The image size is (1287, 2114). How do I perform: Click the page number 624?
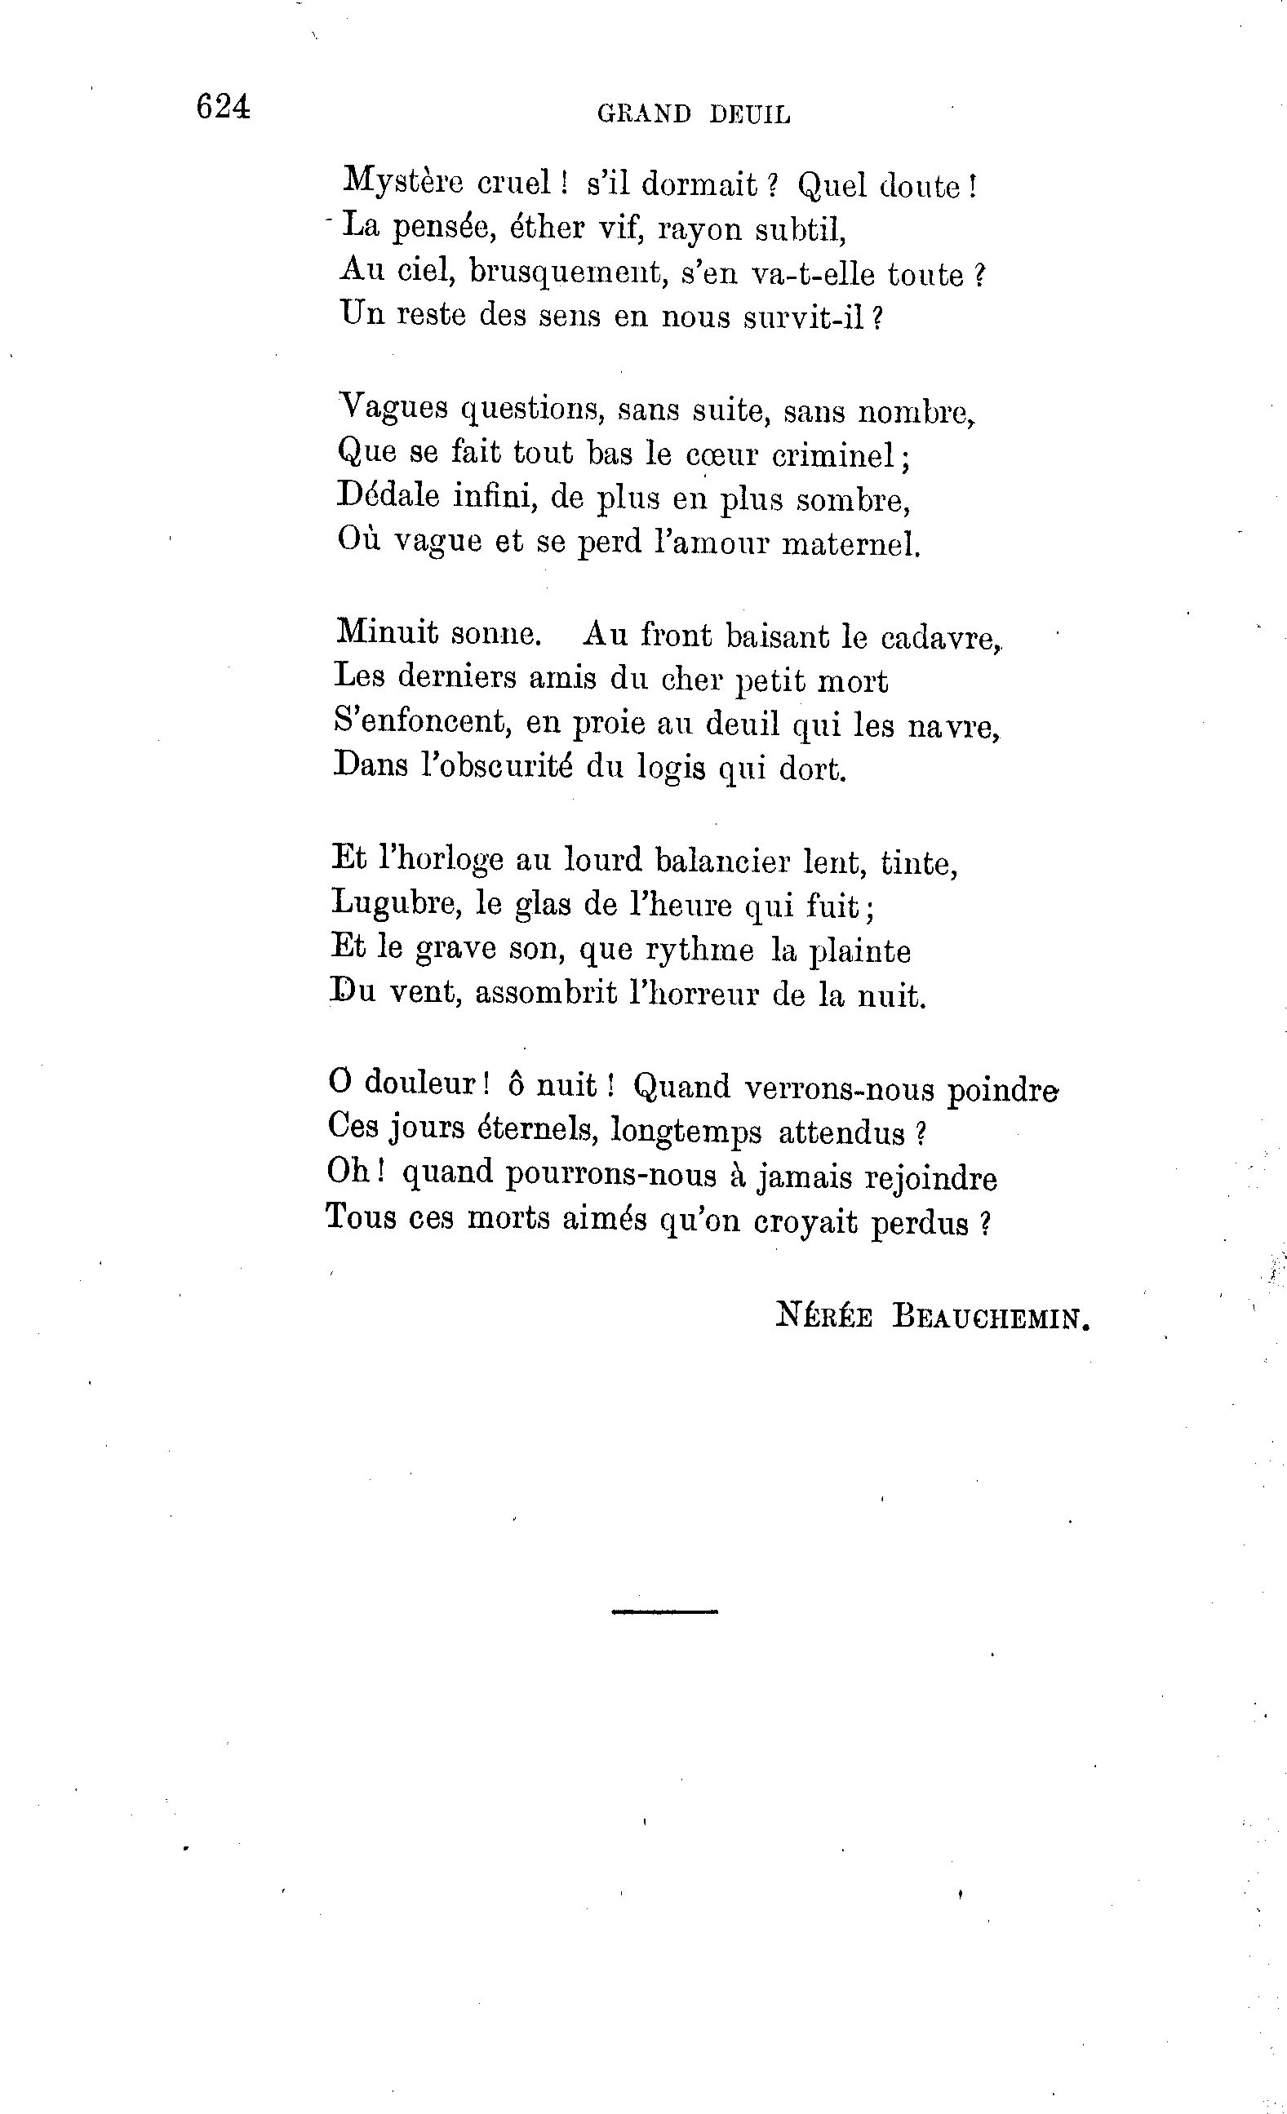pos(223,107)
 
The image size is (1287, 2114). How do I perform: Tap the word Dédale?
pos(387,497)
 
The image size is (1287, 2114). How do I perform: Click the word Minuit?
pos(387,634)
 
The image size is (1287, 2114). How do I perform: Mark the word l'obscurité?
pos(496,766)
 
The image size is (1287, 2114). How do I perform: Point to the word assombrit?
pos(545,994)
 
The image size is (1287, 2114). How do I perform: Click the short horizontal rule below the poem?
pos(664,1612)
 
